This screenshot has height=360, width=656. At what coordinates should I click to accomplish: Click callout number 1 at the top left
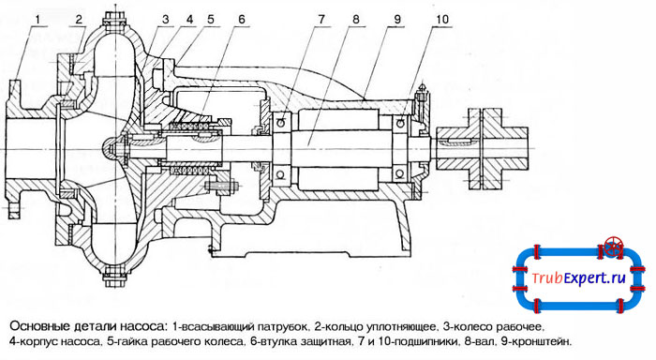click(x=38, y=19)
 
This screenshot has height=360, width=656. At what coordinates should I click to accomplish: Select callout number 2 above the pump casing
click(x=79, y=19)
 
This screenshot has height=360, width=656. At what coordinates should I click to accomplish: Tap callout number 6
click(x=242, y=20)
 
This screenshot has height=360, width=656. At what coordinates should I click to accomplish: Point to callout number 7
click(x=321, y=20)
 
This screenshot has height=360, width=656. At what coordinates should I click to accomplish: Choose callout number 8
click(x=355, y=20)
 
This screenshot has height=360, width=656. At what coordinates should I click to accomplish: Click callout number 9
click(x=397, y=20)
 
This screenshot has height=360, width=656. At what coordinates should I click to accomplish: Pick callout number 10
click(x=441, y=20)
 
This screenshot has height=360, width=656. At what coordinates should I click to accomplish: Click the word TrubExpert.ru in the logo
click(x=578, y=277)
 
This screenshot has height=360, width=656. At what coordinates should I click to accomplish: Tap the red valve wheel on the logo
click(x=614, y=247)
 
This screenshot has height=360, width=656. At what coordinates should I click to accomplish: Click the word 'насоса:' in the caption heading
click(x=143, y=326)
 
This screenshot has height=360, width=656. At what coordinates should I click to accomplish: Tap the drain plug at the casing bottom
click(x=113, y=277)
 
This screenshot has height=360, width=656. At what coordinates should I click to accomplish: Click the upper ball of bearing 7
click(x=281, y=122)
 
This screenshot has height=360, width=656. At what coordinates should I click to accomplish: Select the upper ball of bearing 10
click(x=400, y=123)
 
